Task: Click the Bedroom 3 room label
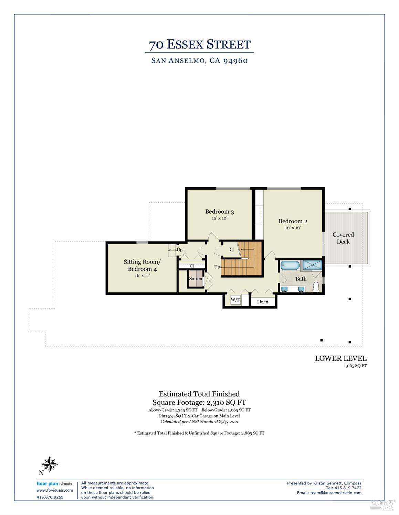219,212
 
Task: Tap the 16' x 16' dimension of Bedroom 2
293,227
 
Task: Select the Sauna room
196,279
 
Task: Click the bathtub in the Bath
290,265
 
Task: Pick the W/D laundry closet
235,300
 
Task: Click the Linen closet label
263,302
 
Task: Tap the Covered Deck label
343,238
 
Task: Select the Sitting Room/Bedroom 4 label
142,265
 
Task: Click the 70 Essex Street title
199,45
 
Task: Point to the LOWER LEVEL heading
340,358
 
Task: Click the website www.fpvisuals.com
55,490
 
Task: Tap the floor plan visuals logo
54,484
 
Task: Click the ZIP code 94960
235,61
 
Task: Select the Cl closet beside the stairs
232,249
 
